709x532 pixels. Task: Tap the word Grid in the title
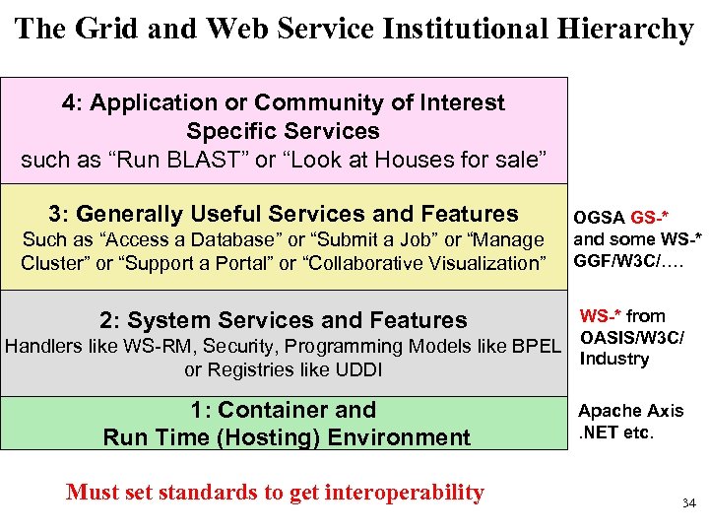[x=105, y=29]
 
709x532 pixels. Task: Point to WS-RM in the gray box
[x=132, y=346]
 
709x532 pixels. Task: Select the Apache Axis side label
[x=630, y=411]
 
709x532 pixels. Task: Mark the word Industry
[x=614, y=359]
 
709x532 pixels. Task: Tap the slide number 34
[x=688, y=503]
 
